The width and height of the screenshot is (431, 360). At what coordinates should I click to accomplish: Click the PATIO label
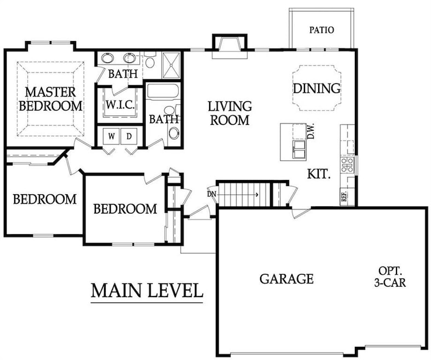321,30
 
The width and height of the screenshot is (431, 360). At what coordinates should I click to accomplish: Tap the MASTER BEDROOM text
50,99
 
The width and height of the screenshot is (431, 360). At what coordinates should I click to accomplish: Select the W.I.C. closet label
120,104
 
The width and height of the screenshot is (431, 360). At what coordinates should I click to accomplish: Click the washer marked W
111,136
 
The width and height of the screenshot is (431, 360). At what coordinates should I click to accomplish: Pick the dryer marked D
129,136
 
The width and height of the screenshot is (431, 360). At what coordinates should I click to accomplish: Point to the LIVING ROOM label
229,113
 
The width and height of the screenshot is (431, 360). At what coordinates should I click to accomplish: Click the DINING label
317,88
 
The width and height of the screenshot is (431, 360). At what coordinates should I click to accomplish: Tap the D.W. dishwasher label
311,131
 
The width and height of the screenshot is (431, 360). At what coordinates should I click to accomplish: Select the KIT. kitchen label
318,174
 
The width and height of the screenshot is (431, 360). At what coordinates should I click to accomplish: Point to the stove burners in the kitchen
347,165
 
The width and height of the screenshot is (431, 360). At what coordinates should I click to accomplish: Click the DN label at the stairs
211,194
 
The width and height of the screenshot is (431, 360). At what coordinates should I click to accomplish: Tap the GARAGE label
286,278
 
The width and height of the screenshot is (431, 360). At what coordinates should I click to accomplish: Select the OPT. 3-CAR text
390,276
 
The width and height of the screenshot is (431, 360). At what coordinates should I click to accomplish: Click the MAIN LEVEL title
147,291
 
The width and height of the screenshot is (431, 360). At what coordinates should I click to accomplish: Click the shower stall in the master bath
171,65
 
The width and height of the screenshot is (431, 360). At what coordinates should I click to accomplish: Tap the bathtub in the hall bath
163,91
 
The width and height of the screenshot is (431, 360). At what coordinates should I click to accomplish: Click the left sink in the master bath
107,58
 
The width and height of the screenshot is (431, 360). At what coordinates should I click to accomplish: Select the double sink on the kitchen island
300,149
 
